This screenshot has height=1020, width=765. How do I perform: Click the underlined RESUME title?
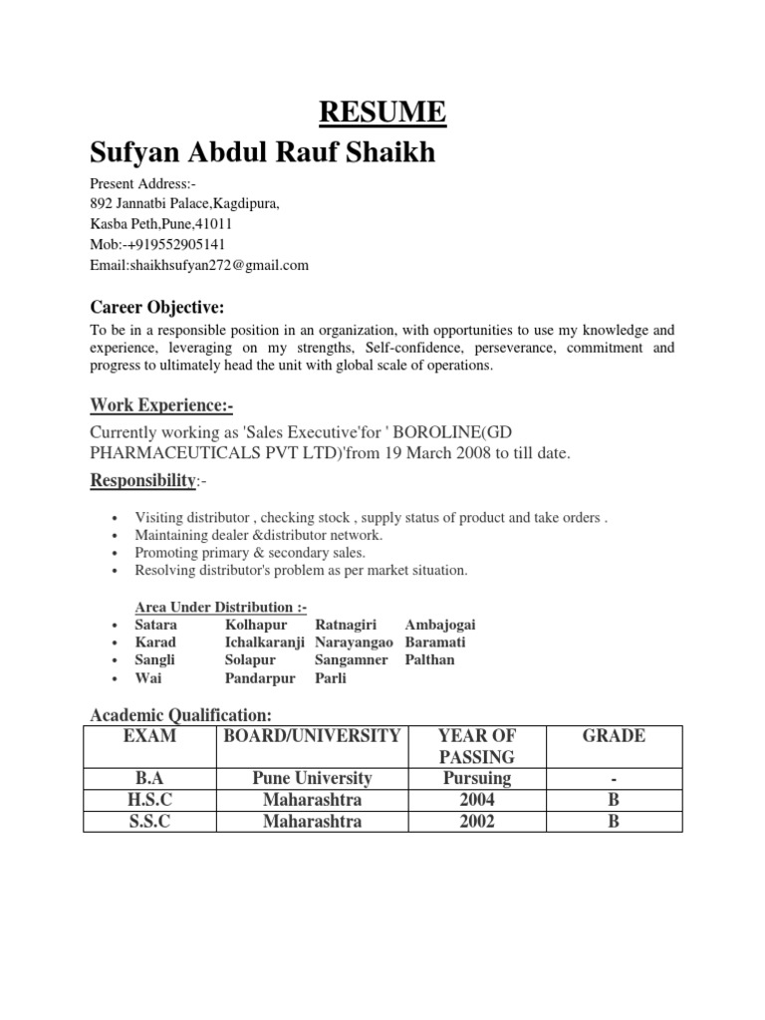(382, 113)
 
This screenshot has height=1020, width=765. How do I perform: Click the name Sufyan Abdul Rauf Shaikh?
(263, 154)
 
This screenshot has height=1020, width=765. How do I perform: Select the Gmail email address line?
(199, 265)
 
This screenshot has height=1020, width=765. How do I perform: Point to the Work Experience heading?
(161, 403)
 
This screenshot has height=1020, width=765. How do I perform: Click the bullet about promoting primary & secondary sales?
(250, 552)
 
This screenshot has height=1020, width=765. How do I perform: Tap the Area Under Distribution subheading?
(221, 608)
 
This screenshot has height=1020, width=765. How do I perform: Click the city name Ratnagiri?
(350, 625)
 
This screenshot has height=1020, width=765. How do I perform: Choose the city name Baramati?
(435, 642)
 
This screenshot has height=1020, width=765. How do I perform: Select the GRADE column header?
(614, 737)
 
